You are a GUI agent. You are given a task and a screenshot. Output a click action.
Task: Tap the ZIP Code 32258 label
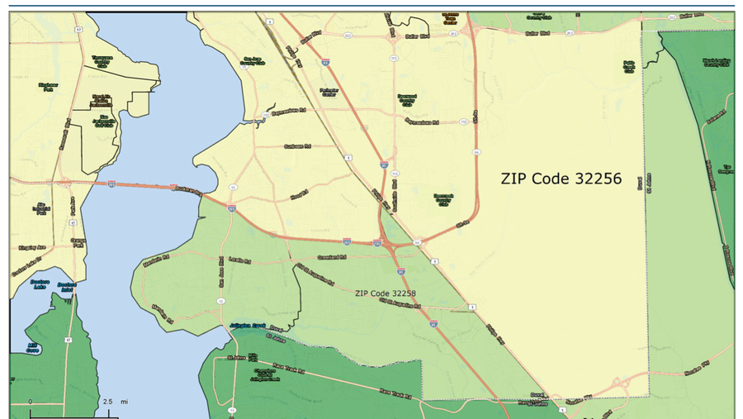click(x=385, y=293)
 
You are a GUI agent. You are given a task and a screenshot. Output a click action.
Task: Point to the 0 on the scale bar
click(x=31, y=401)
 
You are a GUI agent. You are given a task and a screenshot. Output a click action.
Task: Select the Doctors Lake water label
click(x=40, y=283)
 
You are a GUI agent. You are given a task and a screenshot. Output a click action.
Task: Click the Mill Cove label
click(x=32, y=347)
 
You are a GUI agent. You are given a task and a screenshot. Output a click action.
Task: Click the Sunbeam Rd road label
click(x=296, y=146)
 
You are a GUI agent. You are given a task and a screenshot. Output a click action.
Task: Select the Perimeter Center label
click(x=329, y=93)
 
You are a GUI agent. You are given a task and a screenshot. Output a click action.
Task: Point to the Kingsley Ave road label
click(x=31, y=247)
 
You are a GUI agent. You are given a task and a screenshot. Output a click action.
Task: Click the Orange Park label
click(x=78, y=243)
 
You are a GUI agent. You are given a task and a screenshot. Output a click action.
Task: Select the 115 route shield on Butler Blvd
click(x=394, y=36)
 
